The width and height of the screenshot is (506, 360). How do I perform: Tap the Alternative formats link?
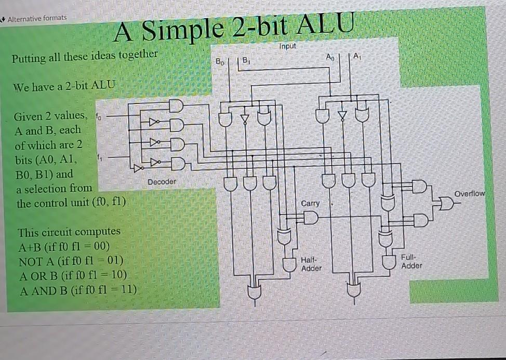pyautogui.click(x=36, y=18)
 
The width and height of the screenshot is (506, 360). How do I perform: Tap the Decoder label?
pyautogui.click(x=162, y=182)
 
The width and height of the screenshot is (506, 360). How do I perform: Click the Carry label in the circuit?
pyautogui.click(x=311, y=203)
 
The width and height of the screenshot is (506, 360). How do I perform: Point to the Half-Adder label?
pyautogui.click(x=311, y=264)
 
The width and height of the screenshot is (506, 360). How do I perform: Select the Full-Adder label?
pyautogui.click(x=411, y=261)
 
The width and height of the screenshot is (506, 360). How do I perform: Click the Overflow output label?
pyautogui.click(x=469, y=194)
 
